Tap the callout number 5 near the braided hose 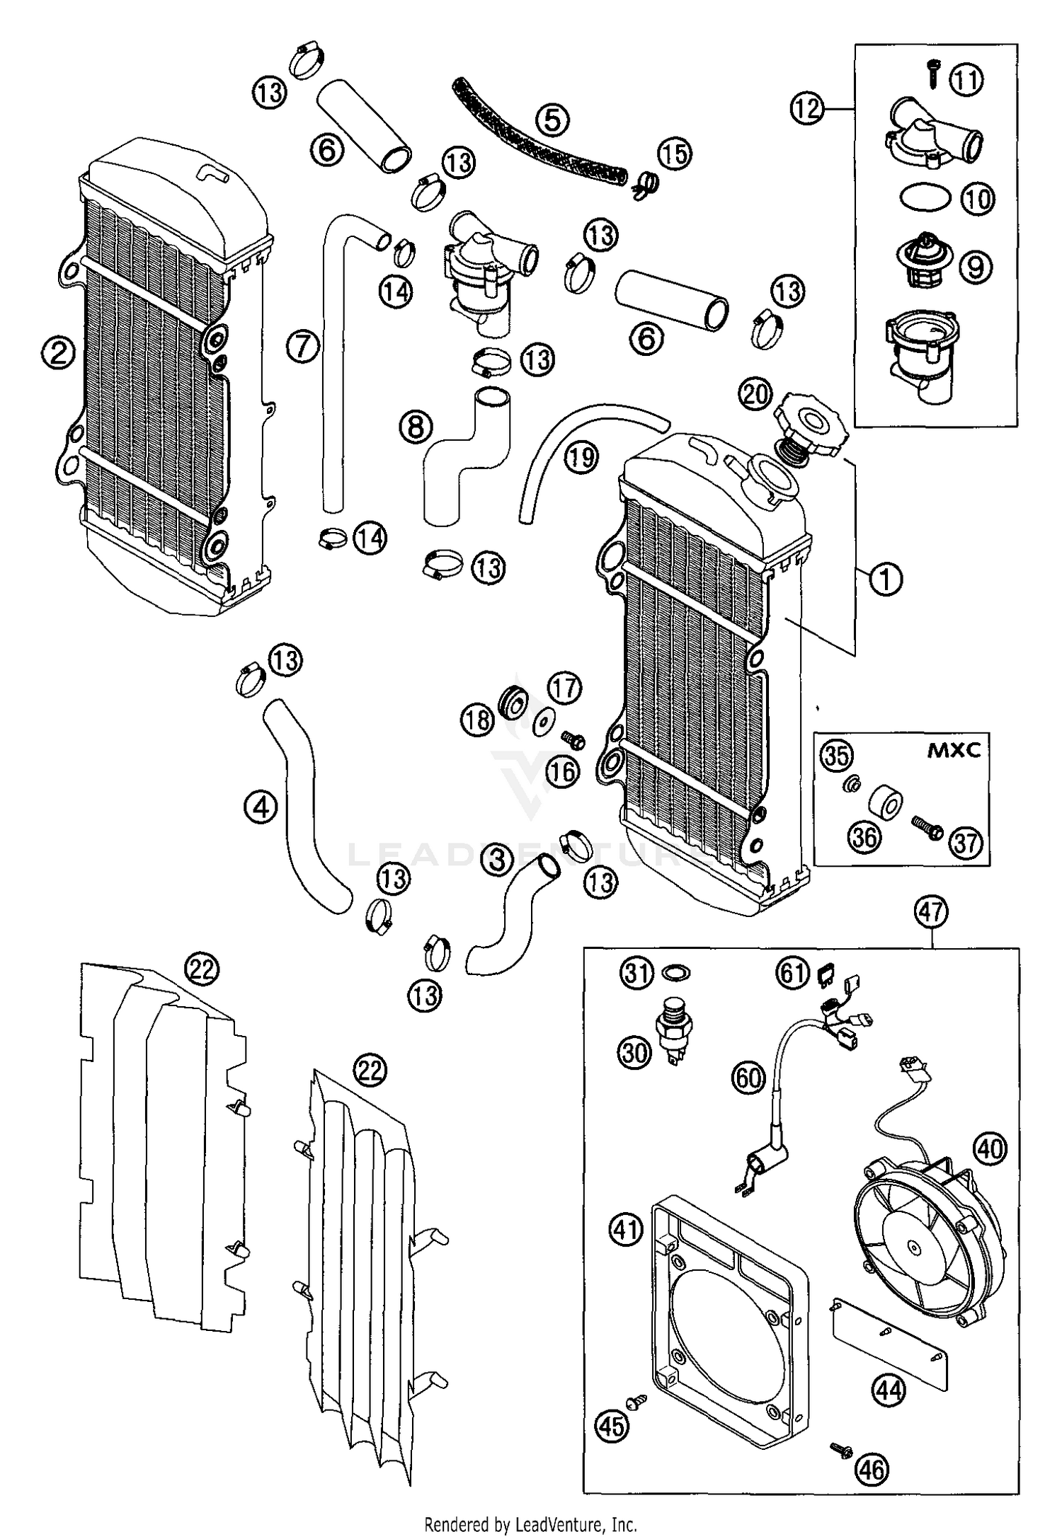(x=553, y=119)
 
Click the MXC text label (x=954, y=751)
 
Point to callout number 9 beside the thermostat (x=976, y=267)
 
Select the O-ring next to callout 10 (x=925, y=197)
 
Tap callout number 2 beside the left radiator (x=58, y=352)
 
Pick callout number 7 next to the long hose (x=303, y=347)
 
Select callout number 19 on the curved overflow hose (x=581, y=457)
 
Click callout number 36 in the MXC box (x=864, y=837)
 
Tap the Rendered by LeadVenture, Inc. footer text (x=530, y=1523)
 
